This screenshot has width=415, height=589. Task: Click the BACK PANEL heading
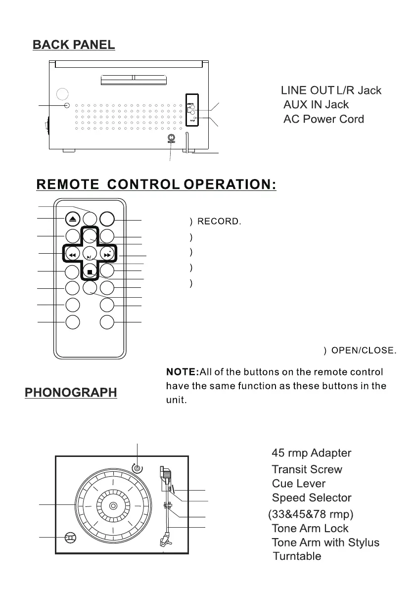[74, 45]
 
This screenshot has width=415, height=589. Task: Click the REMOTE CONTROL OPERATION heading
[156, 184]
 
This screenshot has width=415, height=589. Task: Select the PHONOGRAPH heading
[71, 393]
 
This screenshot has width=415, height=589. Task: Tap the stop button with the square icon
[90, 272]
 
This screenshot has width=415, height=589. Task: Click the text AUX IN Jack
[316, 105]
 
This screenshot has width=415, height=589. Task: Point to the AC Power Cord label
[323, 119]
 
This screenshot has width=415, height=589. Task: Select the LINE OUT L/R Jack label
[331, 91]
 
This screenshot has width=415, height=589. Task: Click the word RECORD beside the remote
[219, 222]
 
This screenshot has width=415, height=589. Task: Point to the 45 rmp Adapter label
[312, 453]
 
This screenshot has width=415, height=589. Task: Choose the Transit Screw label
[307, 469]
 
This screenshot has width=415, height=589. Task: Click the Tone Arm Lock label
[310, 528]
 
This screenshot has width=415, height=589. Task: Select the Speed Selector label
[312, 498]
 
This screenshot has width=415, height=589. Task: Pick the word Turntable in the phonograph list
[297, 556]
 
